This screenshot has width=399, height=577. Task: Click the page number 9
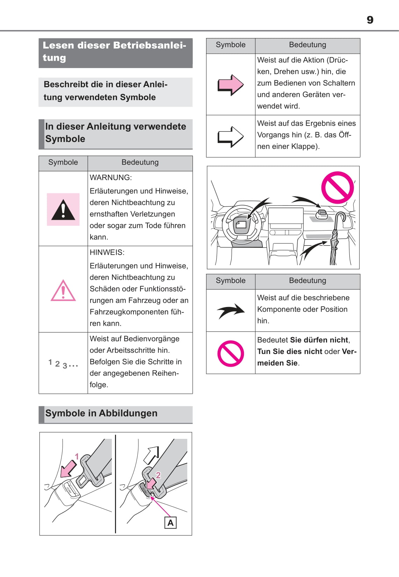coord(370,20)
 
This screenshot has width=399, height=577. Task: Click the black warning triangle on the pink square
coord(63,210)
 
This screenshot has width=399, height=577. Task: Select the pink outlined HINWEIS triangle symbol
coord(63,291)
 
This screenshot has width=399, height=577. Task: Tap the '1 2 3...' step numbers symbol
coord(63,364)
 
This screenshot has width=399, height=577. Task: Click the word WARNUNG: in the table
coord(111,178)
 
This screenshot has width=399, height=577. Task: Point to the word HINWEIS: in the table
coord(107,252)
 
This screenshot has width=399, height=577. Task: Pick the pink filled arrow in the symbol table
coord(230,85)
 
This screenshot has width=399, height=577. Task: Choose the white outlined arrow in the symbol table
coord(230,137)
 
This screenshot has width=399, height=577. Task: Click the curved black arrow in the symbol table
coord(231,310)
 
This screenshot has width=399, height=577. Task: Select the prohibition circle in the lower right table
coord(231,353)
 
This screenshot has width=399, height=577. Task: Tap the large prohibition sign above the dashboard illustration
coord(337,187)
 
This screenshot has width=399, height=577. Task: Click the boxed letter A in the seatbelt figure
coord(171,523)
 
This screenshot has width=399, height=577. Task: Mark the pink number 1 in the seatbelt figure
coord(77,456)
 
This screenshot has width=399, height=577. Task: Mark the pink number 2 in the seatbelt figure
coord(158,475)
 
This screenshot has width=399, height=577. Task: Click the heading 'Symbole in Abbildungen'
coord(101,413)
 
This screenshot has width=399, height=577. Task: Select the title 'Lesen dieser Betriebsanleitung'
coord(114,51)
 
